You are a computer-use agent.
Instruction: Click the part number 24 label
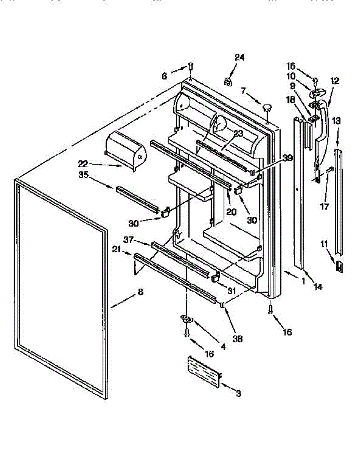pyautogui.click(x=239, y=57)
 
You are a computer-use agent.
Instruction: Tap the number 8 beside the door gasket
pyautogui.click(x=140, y=292)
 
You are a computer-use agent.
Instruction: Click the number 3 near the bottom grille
pyautogui.click(x=238, y=393)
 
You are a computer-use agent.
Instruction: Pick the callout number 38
pyautogui.click(x=237, y=339)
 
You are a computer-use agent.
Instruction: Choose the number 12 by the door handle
pyautogui.click(x=334, y=81)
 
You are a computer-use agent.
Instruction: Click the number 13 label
pyautogui.click(x=336, y=121)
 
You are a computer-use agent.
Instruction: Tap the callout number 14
pyautogui.click(x=318, y=287)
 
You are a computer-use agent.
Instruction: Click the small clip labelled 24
pyautogui.click(x=228, y=82)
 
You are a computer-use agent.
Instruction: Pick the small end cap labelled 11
pyautogui.click(x=339, y=267)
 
